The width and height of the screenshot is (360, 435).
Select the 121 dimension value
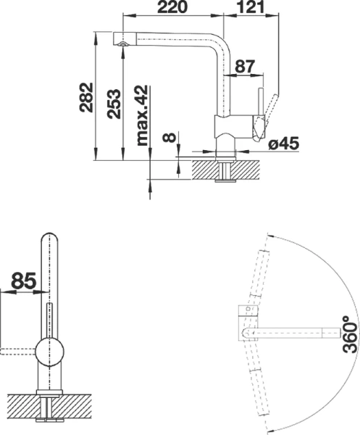tap(249, 8)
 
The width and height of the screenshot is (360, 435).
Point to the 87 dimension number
tap(246, 67)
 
